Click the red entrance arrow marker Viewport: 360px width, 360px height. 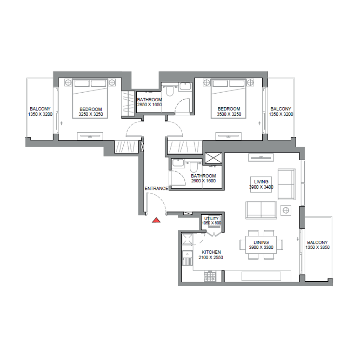(x=156, y=220)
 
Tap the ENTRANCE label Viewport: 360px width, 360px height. (x=156, y=189)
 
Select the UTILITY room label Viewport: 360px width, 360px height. (x=211, y=218)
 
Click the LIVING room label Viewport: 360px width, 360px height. (x=261, y=181)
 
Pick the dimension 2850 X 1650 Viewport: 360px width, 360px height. (x=149, y=105)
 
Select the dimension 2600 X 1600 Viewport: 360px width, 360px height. (x=203, y=181)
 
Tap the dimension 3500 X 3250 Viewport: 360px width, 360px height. (x=229, y=114)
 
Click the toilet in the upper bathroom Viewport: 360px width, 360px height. (x=170, y=91)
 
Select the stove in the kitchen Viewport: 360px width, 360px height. (x=210, y=276)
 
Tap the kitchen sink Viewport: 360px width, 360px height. (x=187, y=257)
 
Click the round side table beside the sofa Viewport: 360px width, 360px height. (x=285, y=209)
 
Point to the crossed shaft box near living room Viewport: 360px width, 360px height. (x=213, y=158)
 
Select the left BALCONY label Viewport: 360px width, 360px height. (x=40, y=109)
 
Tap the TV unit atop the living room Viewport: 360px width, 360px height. (x=261, y=157)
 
